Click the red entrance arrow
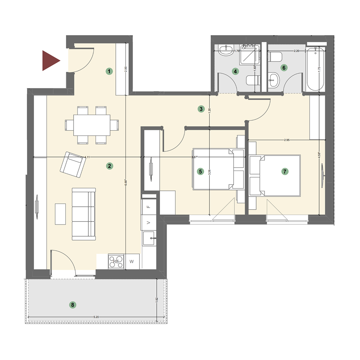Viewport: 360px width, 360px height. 50,61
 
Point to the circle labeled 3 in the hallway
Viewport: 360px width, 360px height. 201,108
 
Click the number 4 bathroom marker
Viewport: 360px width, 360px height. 236,72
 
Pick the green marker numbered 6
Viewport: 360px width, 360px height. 284,68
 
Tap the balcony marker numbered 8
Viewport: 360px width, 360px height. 72,305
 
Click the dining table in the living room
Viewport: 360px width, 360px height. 91,125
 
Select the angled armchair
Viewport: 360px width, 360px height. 73,165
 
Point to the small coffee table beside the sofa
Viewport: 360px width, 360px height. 60,214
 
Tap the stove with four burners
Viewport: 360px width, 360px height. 116,261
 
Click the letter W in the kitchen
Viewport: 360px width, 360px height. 132,262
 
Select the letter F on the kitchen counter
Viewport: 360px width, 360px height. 149,207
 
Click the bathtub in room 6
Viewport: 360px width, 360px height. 316,68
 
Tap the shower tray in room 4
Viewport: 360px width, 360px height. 249,55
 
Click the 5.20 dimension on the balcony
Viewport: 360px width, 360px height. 96,317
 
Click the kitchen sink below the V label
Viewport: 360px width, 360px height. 148,239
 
